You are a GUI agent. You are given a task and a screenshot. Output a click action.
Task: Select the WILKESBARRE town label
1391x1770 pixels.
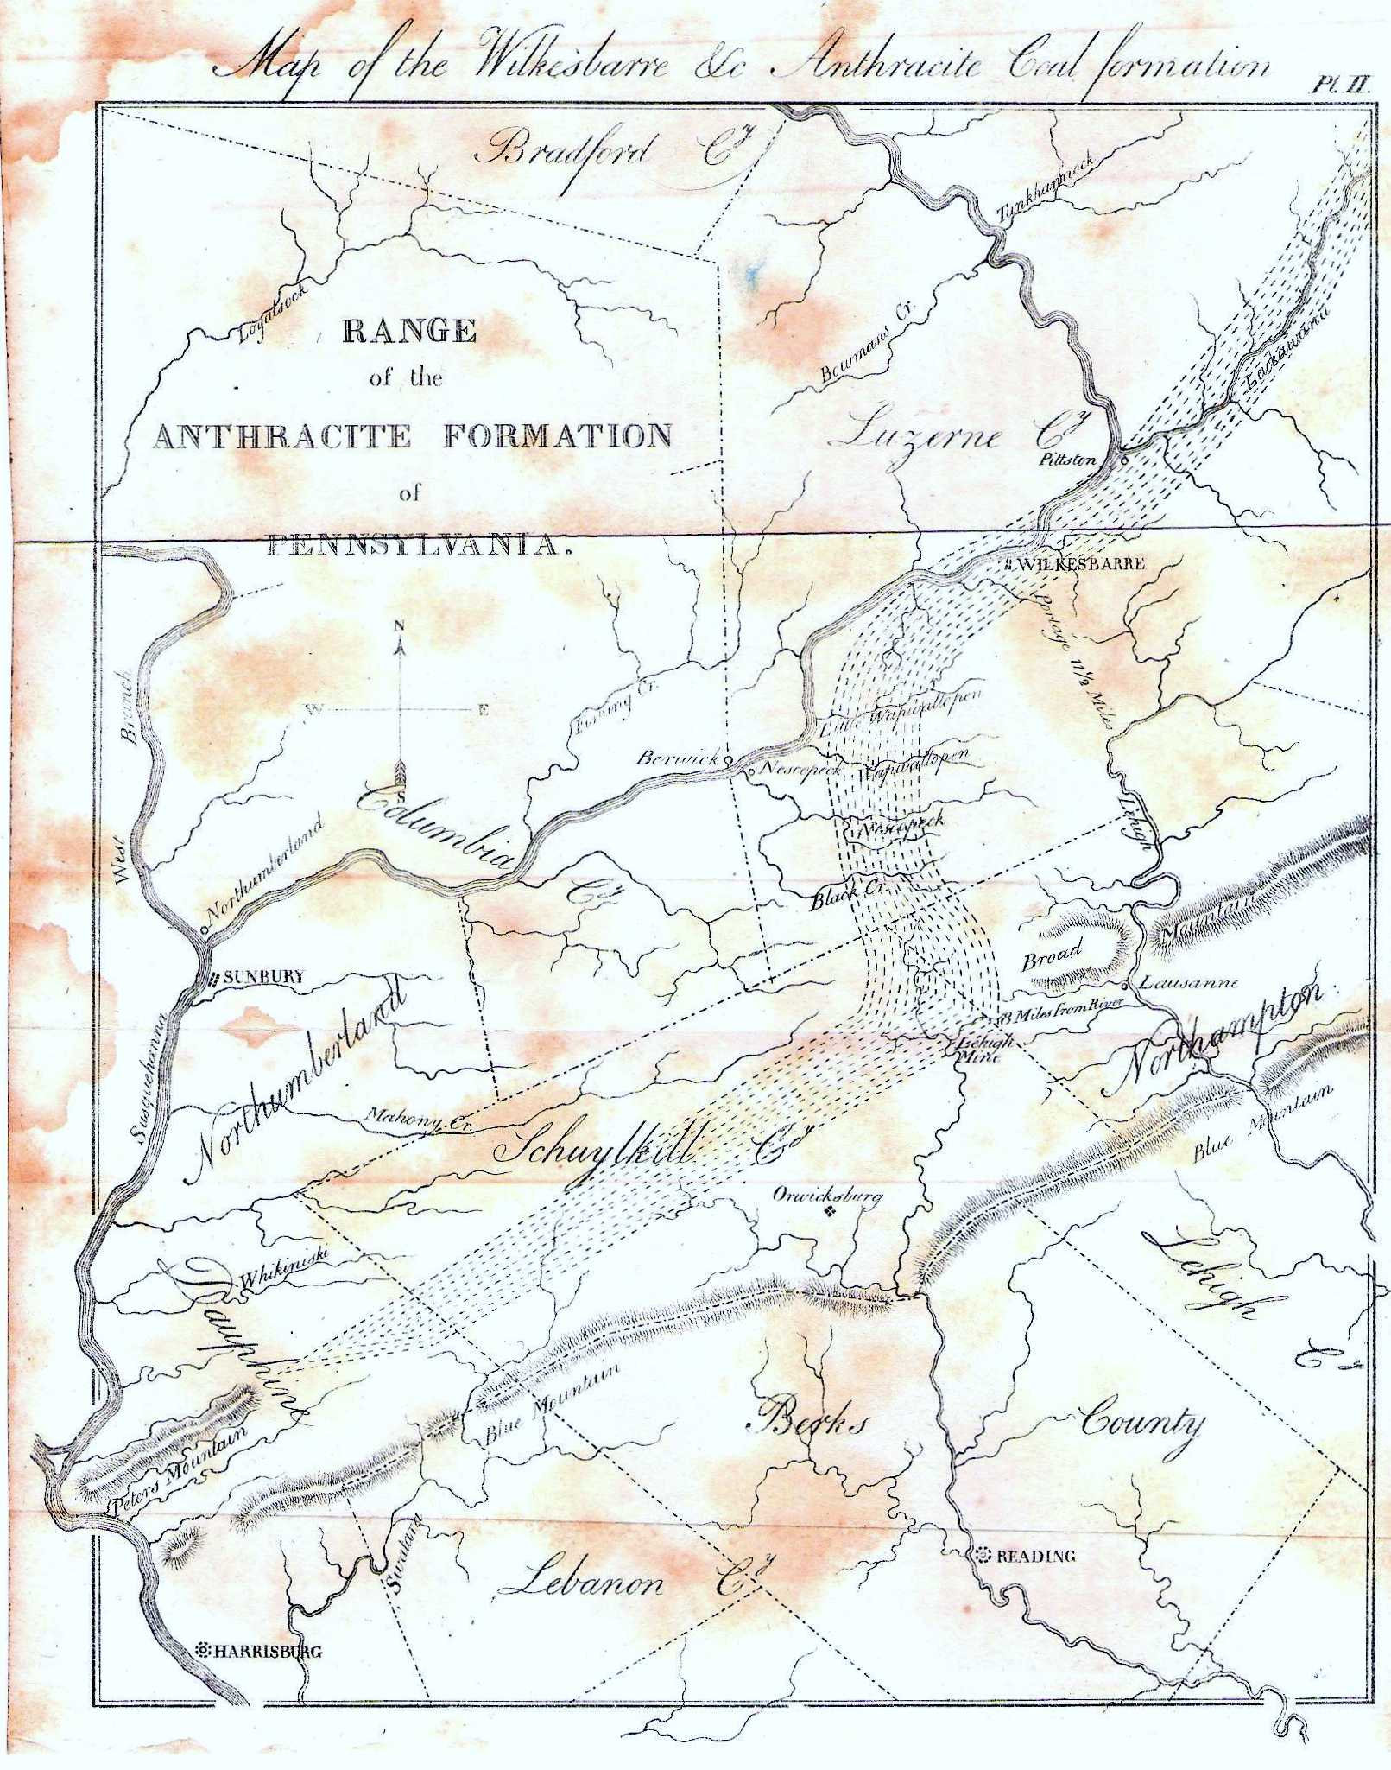click(x=1083, y=564)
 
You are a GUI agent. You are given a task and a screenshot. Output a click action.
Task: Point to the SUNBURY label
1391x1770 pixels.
click(x=263, y=978)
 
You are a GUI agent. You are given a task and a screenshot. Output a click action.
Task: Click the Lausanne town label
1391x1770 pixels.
click(x=1189, y=982)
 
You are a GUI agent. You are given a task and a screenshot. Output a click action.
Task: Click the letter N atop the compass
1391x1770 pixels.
click(x=399, y=625)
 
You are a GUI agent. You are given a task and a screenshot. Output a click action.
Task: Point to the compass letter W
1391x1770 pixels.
click(x=313, y=710)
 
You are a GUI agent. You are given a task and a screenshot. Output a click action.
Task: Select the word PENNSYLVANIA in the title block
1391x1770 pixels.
click(x=413, y=546)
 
